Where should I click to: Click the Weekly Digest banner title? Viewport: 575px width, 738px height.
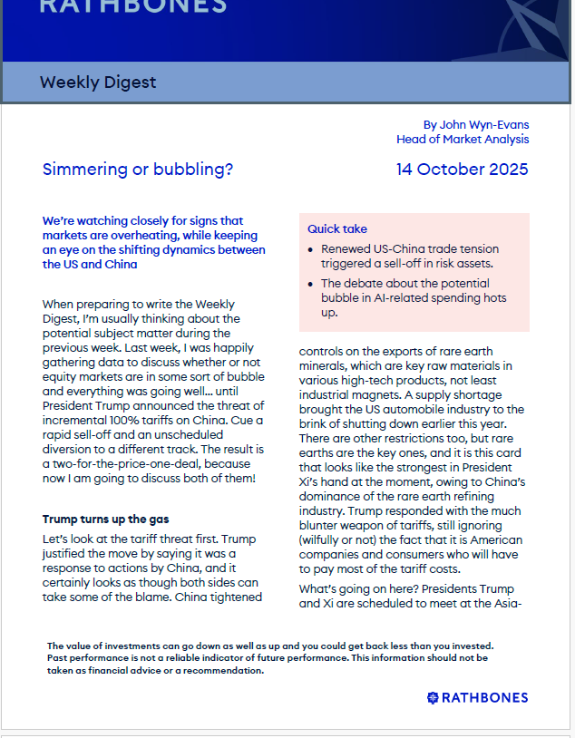tap(98, 83)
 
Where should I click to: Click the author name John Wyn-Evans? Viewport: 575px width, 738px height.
tap(486, 124)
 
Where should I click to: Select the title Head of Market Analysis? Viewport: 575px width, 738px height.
tap(463, 140)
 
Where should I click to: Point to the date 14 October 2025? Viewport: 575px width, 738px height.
tap(462, 170)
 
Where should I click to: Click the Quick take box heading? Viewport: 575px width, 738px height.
tap(337, 229)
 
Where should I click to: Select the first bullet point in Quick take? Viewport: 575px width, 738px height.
tap(408, 256)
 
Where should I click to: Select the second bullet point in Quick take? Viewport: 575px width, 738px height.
tap(413, 297)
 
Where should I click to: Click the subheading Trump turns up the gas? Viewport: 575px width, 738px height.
tap(105, 520)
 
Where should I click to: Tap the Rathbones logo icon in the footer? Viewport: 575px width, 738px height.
tap(434, 697)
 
